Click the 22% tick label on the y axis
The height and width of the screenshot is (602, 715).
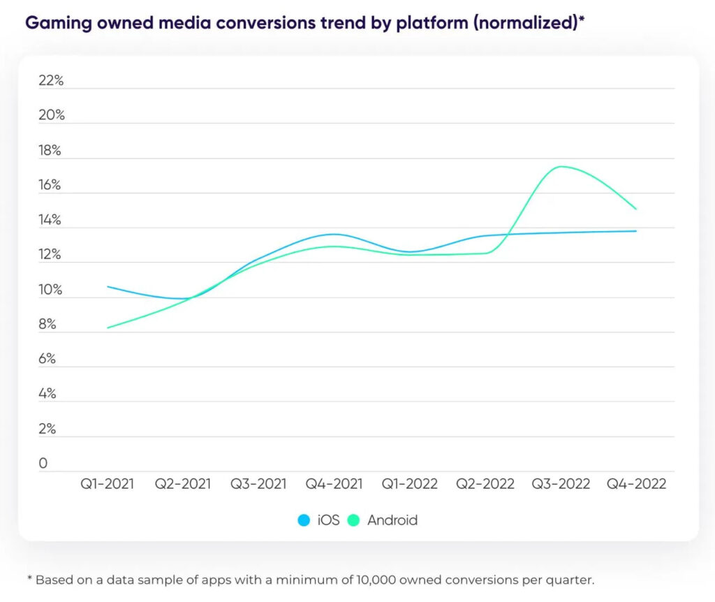pyautogui.click(x=51, y=80)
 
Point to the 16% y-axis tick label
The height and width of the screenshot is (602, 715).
pyautogui.click(x=51, y=185)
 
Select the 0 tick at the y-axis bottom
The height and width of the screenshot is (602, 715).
pyautogui.click(x=43, y=463)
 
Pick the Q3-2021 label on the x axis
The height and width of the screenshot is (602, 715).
pyautogui.click(x=258, y=483)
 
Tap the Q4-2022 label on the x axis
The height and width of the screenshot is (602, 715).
pyautogui.click(x=636, y=483)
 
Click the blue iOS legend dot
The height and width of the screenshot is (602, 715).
pyautogui.click(x=304, y=520)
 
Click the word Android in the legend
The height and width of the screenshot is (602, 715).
pyautogui.click(x=392, y=520)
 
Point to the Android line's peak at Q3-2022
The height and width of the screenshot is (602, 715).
pyautogui.click(x=561, y=166)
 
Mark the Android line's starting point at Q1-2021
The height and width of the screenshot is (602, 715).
pyautogui.click(x=107, y=328)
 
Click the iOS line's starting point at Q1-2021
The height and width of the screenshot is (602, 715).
pyautogui.click(x=107, y=286)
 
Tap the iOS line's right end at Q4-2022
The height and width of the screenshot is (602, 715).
pyautogui.click(x=636, y=231)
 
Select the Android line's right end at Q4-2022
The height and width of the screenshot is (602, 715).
pyautogui.click(x=636, y=209)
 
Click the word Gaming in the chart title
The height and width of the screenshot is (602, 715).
pyautogui.click(x=55, y=22)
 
